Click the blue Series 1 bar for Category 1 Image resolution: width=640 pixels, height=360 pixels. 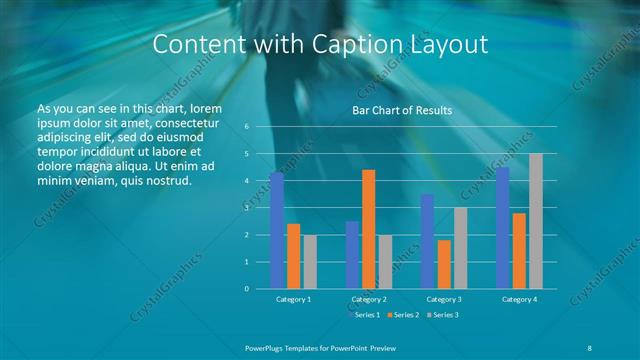pos(277,230)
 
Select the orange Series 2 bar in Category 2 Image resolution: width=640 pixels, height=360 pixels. pos(369,229)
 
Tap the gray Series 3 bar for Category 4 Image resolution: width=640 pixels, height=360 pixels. pos(536,221)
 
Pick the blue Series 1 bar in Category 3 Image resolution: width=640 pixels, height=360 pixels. pos(427,241)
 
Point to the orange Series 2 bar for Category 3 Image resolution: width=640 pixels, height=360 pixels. pos(444,264)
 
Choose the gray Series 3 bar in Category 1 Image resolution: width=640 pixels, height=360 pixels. pos(310,262)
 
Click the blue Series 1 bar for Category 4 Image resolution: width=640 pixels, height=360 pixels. pos(503,227)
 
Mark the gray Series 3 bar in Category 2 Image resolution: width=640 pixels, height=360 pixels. pos(386,262)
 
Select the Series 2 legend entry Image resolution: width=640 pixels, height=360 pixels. pos(403,315)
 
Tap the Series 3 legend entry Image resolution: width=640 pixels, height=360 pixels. pos(441,315)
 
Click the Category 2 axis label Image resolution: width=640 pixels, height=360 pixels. pos(369,299)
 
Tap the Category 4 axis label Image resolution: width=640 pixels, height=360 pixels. pos(519,299)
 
